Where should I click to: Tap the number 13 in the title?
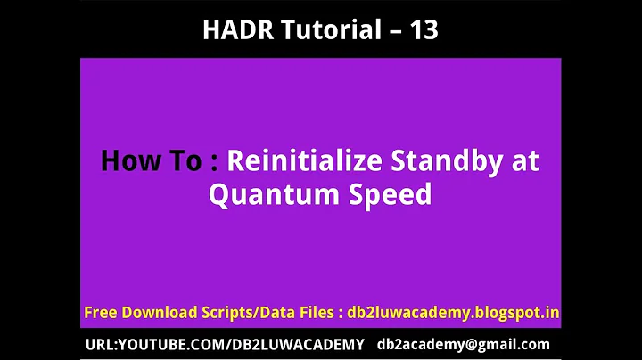pyautogui.click(x=422, y=30)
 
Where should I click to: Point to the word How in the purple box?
pyautogui.click(x=125, y=161)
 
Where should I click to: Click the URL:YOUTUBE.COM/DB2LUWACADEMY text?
pyautogui.click(x=225, y=344)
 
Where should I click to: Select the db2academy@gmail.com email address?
pyautogui.click(x=464, y=344)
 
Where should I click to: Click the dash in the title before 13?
pyautogui.click(x=389, y=31)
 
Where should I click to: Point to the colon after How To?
pyautogui.click(x=213, y=163)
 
